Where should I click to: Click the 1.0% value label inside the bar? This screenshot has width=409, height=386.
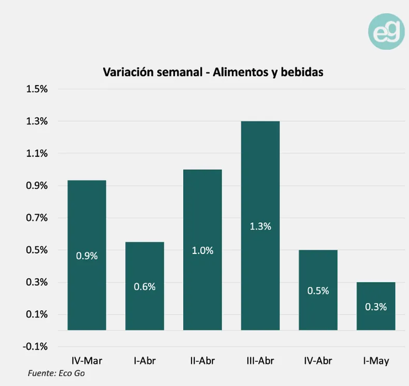coord(202,251)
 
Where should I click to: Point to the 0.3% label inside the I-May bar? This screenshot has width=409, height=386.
coord(376,307)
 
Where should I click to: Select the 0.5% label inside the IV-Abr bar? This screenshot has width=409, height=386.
coord(318,291)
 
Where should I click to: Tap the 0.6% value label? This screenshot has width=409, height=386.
coord(145,287)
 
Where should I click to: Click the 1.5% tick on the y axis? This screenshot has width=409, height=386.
coord(37,89)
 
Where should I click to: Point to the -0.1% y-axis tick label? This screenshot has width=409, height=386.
coord(35,346)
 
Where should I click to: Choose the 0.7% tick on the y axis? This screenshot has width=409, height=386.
coord(37,218)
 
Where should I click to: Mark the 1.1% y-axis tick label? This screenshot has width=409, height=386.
coord(37,153)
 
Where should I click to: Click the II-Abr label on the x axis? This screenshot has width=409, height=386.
coord(202,361)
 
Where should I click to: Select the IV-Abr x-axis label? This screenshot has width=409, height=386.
coord(318,361)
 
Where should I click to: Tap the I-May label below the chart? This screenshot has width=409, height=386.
coord(376,361)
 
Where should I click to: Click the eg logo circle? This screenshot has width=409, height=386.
coord(386,31)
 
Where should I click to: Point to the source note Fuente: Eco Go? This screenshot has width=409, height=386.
coord(56,373)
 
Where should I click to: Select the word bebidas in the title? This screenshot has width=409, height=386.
coord(302,72)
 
